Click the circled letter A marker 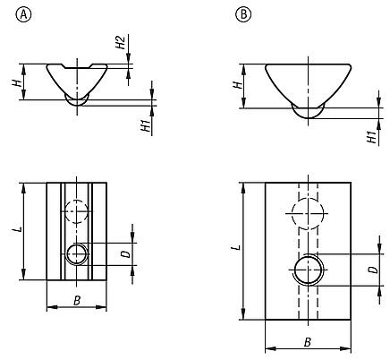pyautogui.click(x=24, y=15)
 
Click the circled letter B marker pyautogui.click(x=242, y=15)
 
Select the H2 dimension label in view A pyautogui.click(x=120, y=43)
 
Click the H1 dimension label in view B pyautogui.click(x=369, y=136)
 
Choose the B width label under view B pyautogui.click(x=307, y=341)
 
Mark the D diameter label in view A pyautogui.click(x=126, y=254)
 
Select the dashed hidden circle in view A pyautogui.click(x=78, y=211)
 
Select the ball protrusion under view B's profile pyautogui.click(x=307, y=111)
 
